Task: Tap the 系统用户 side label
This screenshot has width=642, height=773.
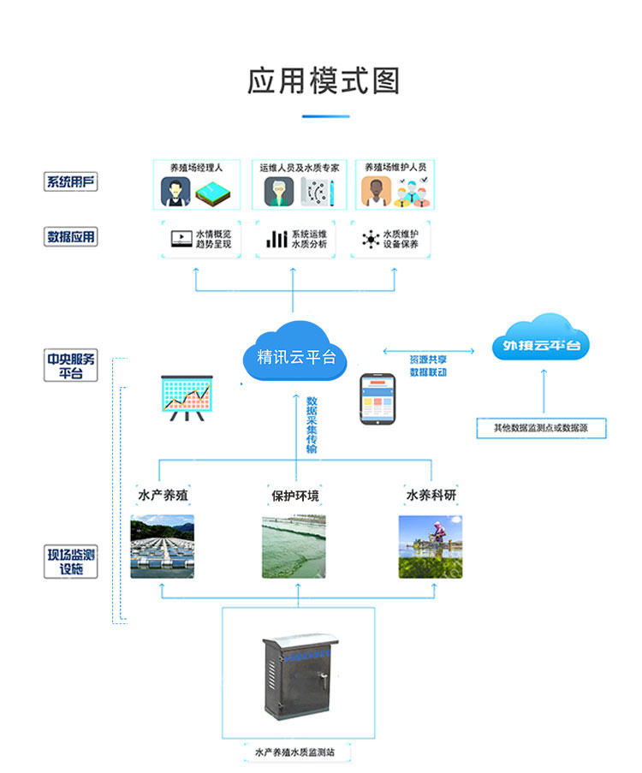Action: click(x=71, y=181)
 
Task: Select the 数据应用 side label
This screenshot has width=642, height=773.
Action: click(x=71, y=237)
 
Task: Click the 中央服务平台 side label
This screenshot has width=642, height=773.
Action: click(x=71, y=366)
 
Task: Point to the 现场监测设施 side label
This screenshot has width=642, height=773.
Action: click(x=72, y=561)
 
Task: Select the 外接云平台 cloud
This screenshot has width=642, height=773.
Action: click(x=541, y=346)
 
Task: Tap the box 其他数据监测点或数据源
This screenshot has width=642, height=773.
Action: click(x=541, y=427)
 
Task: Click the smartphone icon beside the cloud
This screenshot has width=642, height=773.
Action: click(x=377, y=398)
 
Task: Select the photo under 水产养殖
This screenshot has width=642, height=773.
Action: click(x=162, y=546)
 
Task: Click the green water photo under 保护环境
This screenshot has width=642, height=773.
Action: click(x=294, y=546)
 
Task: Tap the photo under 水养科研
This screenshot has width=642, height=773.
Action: click(x=431, y=546)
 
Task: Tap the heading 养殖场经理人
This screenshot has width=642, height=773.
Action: click(x=196, y=168)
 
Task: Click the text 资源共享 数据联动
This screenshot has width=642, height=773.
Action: click(x=428, y=366)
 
